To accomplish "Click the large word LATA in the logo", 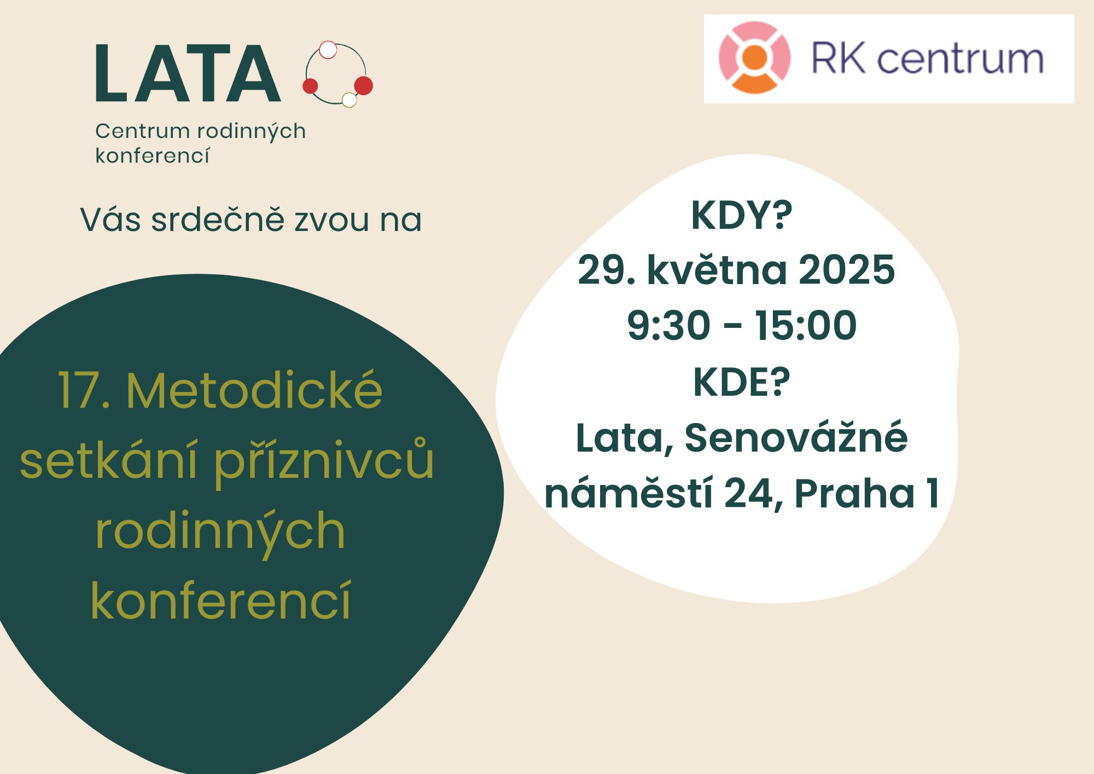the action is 188,73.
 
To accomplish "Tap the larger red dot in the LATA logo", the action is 363,85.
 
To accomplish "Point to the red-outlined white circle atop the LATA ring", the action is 328,50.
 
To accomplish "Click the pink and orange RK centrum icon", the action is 754,57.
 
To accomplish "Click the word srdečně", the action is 218,220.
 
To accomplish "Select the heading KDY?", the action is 741,216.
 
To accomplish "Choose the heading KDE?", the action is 741,382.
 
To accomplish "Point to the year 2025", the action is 846,270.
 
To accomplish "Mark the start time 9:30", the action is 668,325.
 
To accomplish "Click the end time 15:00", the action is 806,325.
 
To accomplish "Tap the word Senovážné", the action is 796,437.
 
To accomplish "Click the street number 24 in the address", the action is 749,494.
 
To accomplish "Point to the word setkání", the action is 108,460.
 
